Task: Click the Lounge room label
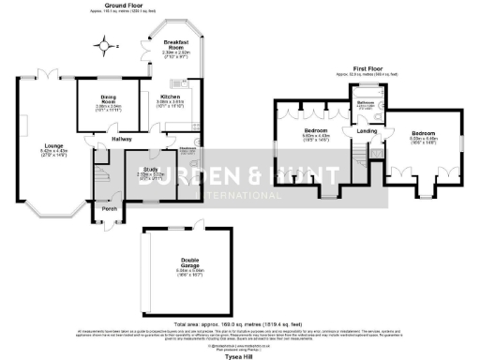(x=52, y=145)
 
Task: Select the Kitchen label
(x=170, y=97)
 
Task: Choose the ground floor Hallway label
(x=122, y=138)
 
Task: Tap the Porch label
(x=110, y=209)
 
